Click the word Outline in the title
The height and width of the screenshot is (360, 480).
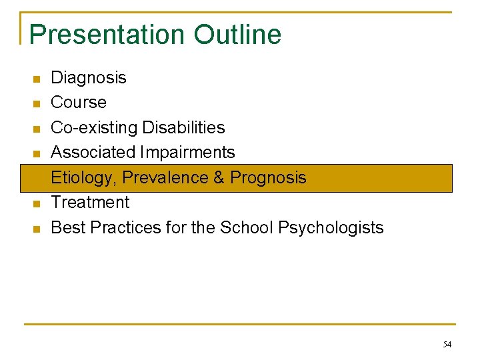[238, 35]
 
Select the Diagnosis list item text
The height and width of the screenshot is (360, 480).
[89, 77]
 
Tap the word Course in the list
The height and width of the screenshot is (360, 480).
[79, 103]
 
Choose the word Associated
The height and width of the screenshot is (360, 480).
[93, 153]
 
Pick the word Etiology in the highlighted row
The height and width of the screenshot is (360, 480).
[84, 177]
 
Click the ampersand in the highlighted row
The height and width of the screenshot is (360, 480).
[219, 177]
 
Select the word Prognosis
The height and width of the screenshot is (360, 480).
[268, 177]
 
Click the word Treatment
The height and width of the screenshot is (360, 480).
[90, 202]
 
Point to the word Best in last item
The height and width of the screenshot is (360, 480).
[68, 227]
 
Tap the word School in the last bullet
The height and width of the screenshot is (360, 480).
[247, 227]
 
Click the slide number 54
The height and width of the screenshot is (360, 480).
[447, 345]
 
